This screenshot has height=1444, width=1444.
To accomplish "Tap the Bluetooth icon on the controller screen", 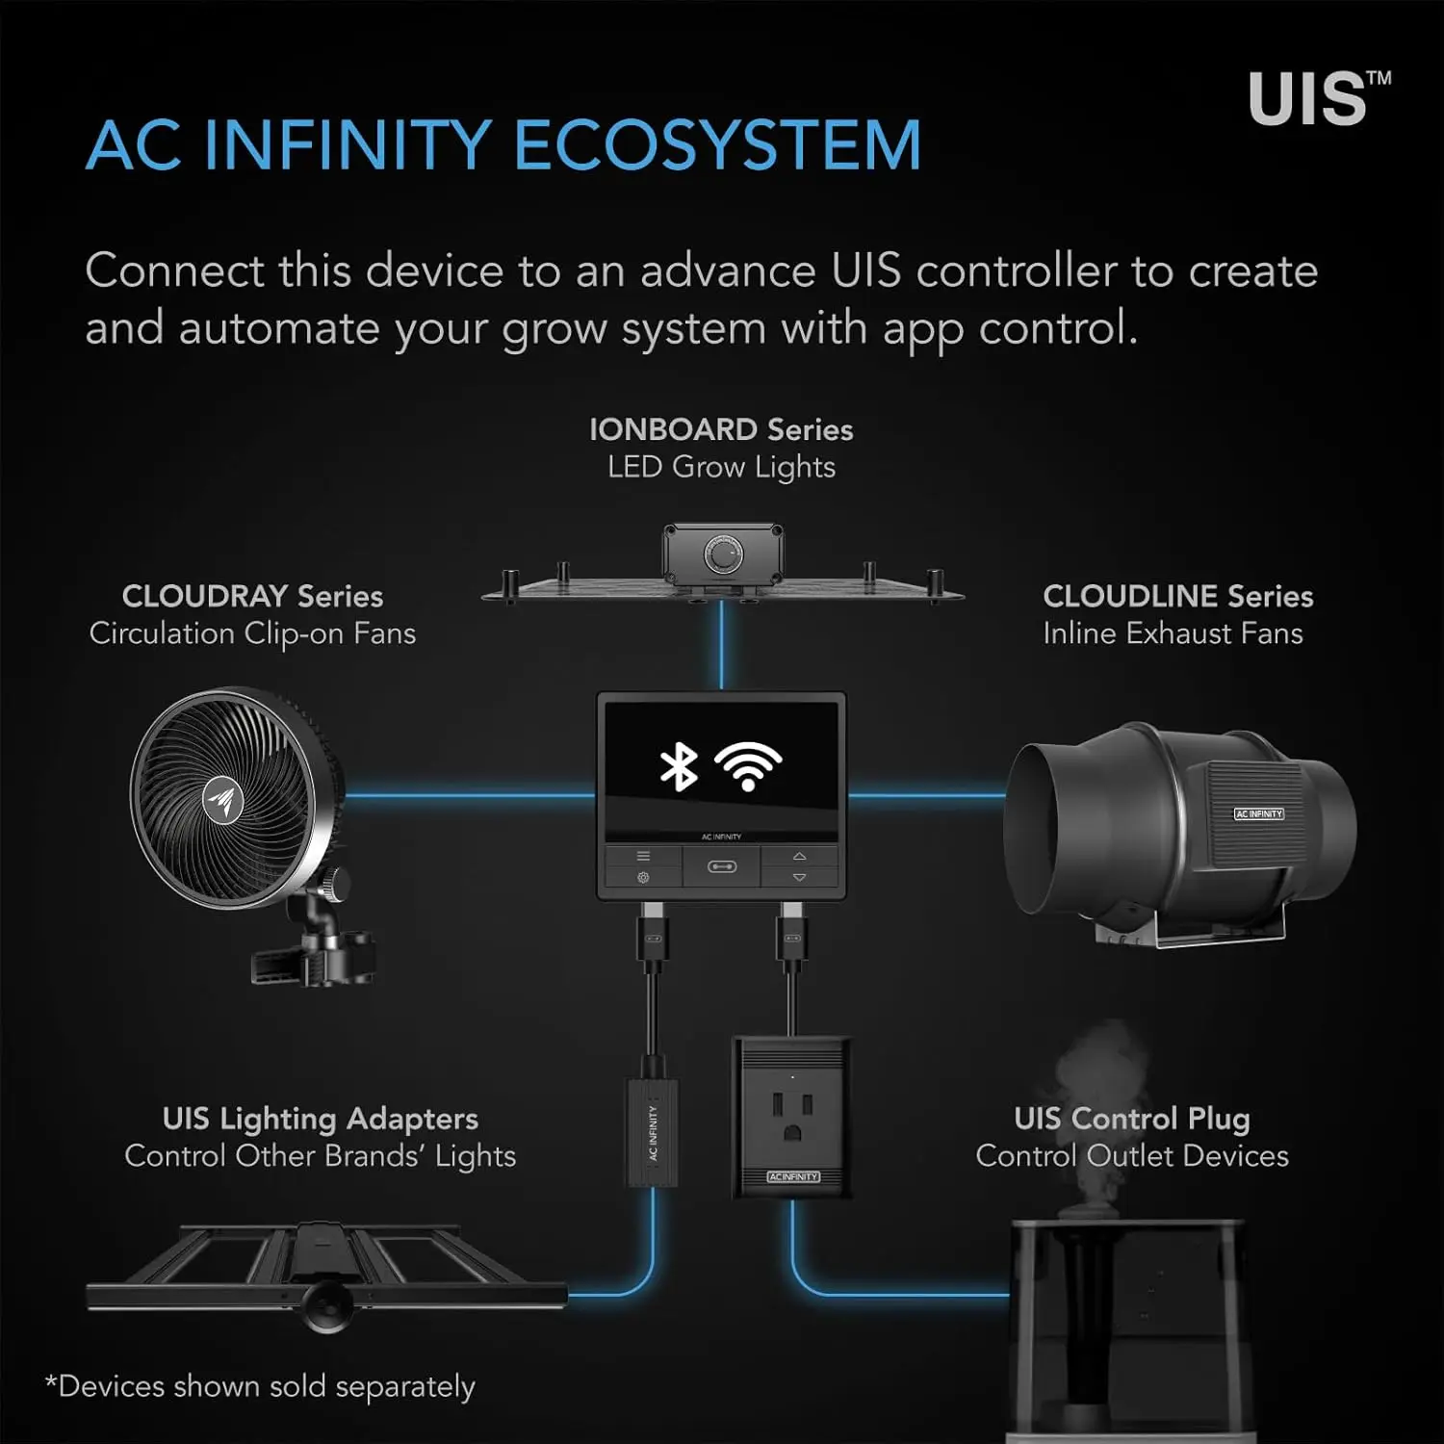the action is (679, 767).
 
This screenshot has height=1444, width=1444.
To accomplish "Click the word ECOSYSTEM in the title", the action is (717, 145).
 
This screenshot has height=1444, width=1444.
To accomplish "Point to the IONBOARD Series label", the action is (721, 429).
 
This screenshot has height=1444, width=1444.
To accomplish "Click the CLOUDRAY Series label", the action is (252, 596).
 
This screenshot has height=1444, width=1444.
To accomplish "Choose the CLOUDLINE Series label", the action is (1177, 596).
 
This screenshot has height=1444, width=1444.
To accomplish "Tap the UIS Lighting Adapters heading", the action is (320, 1119).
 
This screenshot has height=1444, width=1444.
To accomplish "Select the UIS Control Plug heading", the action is (1131, 1119).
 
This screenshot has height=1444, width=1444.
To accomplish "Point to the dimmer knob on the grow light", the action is (723, 555).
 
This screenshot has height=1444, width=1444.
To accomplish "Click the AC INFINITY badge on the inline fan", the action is (1258, 814).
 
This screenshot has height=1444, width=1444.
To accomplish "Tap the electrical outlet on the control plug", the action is (791, 1116).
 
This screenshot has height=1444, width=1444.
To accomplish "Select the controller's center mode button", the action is (721, 866).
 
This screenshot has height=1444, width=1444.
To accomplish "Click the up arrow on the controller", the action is (799, 856).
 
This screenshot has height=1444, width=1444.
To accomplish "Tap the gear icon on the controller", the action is (643, 877).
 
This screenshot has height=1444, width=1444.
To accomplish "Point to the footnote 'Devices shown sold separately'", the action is (262, 1386).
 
